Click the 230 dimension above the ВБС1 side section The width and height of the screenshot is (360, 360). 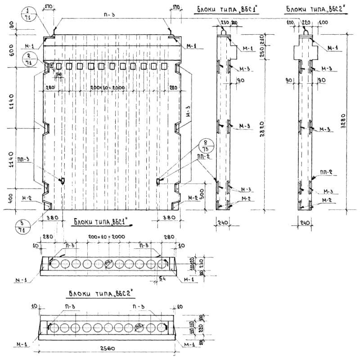(224, 22)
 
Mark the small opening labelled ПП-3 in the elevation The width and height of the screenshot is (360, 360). (63, 180)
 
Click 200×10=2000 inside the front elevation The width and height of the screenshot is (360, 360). (107, 87)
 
